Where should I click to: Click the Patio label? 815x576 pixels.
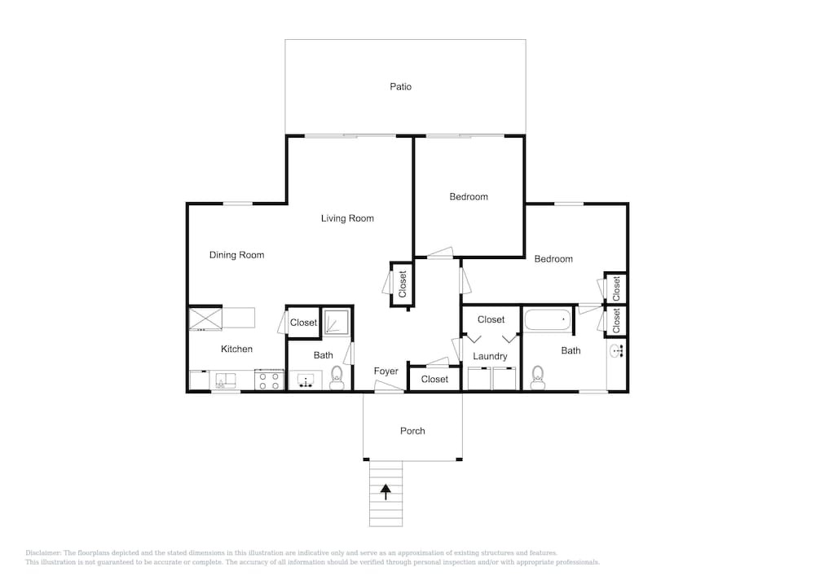coord(400,86)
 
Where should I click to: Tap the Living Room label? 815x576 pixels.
coord(347,218)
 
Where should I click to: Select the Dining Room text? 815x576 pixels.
coord(236,255)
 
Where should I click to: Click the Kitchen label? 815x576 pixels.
coord(236,349)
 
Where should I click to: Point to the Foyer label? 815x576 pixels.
coord(385,372)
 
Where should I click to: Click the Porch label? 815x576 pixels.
coord(412,431)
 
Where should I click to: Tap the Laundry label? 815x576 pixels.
coord(490,356)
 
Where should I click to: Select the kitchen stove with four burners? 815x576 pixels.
coord(269,380)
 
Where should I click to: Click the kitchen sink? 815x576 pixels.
coord(226,381)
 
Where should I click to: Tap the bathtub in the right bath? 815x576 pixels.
coord(548,319)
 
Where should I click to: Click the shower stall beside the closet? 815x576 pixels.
coord(337,322)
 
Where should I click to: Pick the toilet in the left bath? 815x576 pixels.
coord(337,377)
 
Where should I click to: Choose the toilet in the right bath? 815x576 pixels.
coord(537,377)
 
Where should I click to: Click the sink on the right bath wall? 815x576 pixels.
coord(616,351)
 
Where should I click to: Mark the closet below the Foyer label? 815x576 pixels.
coord(434,379)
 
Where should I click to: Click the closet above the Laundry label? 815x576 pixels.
coord(491,320)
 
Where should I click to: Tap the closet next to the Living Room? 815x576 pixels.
coord(402,284)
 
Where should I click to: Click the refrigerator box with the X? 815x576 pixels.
coord(205,319)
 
